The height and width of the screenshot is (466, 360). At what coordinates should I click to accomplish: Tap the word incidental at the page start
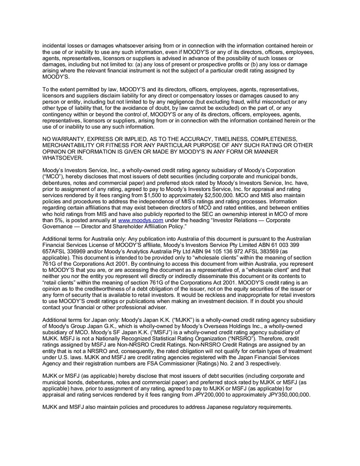click(x=55, y=46)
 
